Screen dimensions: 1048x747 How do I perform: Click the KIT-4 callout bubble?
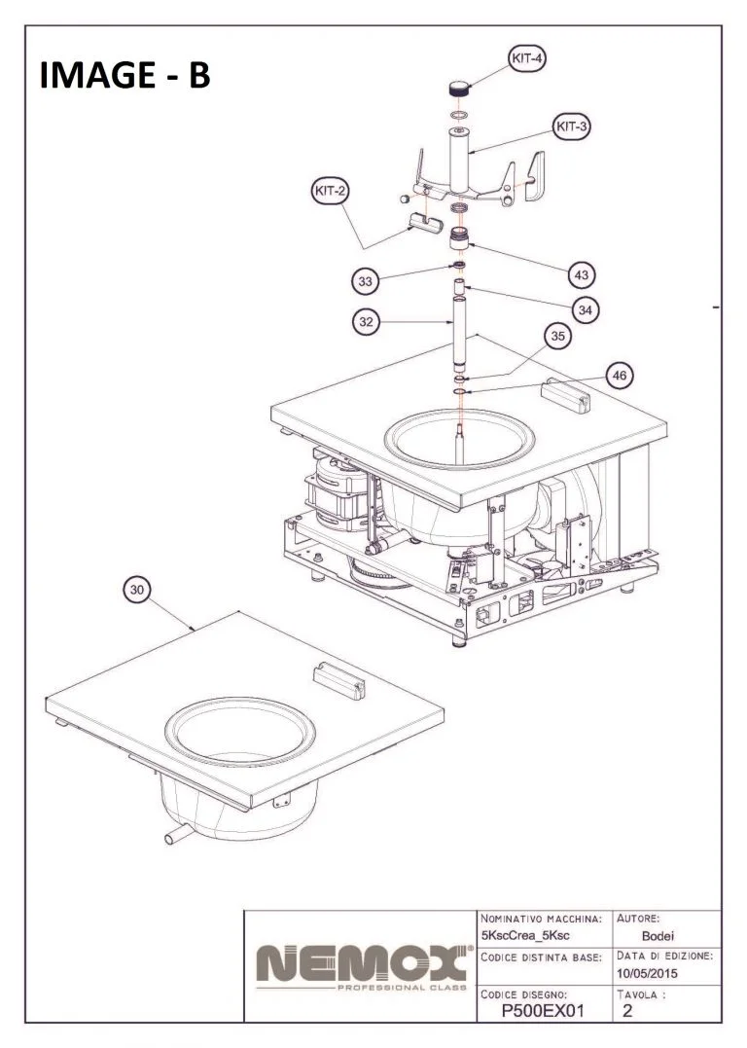pos(526,58)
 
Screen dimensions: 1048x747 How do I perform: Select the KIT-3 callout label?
pos(573,126)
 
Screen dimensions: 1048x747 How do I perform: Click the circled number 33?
pos(366,281)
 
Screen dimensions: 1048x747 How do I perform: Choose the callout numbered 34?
pos(584,309)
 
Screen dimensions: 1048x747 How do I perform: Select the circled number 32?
pos(366,323)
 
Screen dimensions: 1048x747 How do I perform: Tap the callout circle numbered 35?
pos(556,337)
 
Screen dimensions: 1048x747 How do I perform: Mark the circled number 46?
pos(620,375)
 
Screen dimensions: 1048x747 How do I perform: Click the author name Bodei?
pos(648,936)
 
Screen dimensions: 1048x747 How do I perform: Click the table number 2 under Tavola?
pos(628,1011)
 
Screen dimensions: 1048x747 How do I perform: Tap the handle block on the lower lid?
pos(339,679)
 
